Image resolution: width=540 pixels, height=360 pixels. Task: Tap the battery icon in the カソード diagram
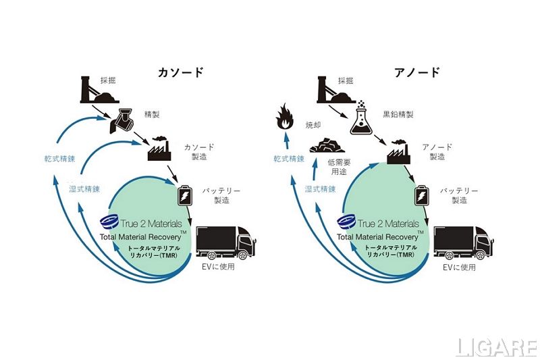coord(184,196)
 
